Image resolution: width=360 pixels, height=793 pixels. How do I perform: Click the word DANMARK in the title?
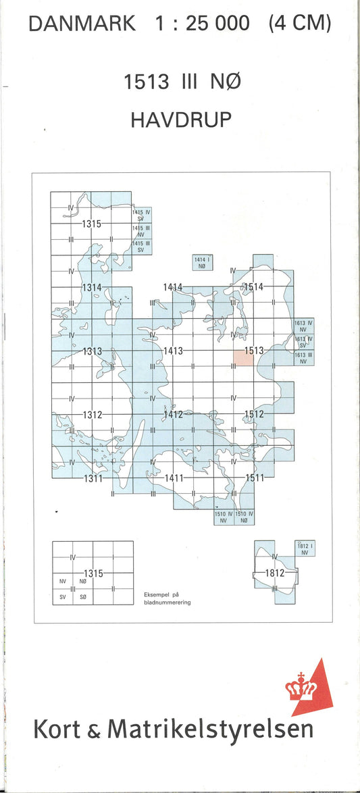coord(82,25)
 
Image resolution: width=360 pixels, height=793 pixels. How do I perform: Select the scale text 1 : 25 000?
coord(202,25)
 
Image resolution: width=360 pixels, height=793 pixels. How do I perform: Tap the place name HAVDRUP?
coord(181,120)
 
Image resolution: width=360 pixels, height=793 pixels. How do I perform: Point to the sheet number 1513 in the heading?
coord(146,82)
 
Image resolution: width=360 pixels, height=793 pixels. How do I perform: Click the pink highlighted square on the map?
coord(244,358)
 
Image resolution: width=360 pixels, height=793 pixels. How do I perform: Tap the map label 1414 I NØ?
coord(200,263)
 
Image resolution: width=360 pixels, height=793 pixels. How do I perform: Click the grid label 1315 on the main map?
coord(92,224)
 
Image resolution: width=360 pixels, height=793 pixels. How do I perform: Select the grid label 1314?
coord(92,288)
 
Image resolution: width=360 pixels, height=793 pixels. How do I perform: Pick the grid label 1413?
coord(174,351)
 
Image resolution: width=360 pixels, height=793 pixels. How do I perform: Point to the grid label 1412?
coord(174,414)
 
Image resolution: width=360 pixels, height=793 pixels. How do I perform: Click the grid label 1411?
coord(174,478)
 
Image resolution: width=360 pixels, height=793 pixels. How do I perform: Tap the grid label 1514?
coord(253,287)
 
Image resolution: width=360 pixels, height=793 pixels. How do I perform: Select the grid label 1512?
coord(254,414)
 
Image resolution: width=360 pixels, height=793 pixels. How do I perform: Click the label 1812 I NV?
coord(303,548)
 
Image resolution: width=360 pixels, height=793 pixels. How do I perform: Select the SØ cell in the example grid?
coord(82,597)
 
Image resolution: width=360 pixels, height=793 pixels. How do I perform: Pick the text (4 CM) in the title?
coord(300,25)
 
